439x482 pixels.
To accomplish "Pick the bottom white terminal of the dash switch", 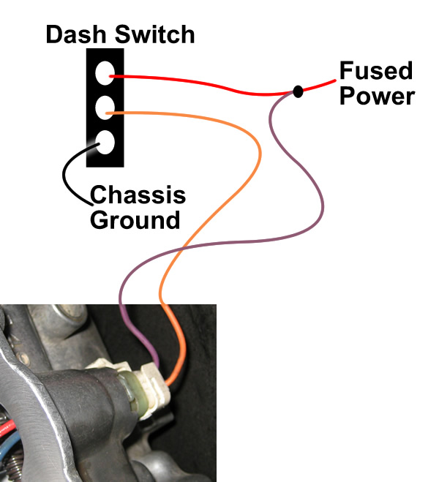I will [x=105, y=143].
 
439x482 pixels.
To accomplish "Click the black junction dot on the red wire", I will [x=298, y=91].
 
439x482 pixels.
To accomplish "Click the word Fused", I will [x=375, y=72].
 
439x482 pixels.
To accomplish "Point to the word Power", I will [x=377, y=97].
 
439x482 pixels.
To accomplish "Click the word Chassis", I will [x=138, y=196].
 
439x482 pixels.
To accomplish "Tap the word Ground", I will [x=135, y=219].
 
